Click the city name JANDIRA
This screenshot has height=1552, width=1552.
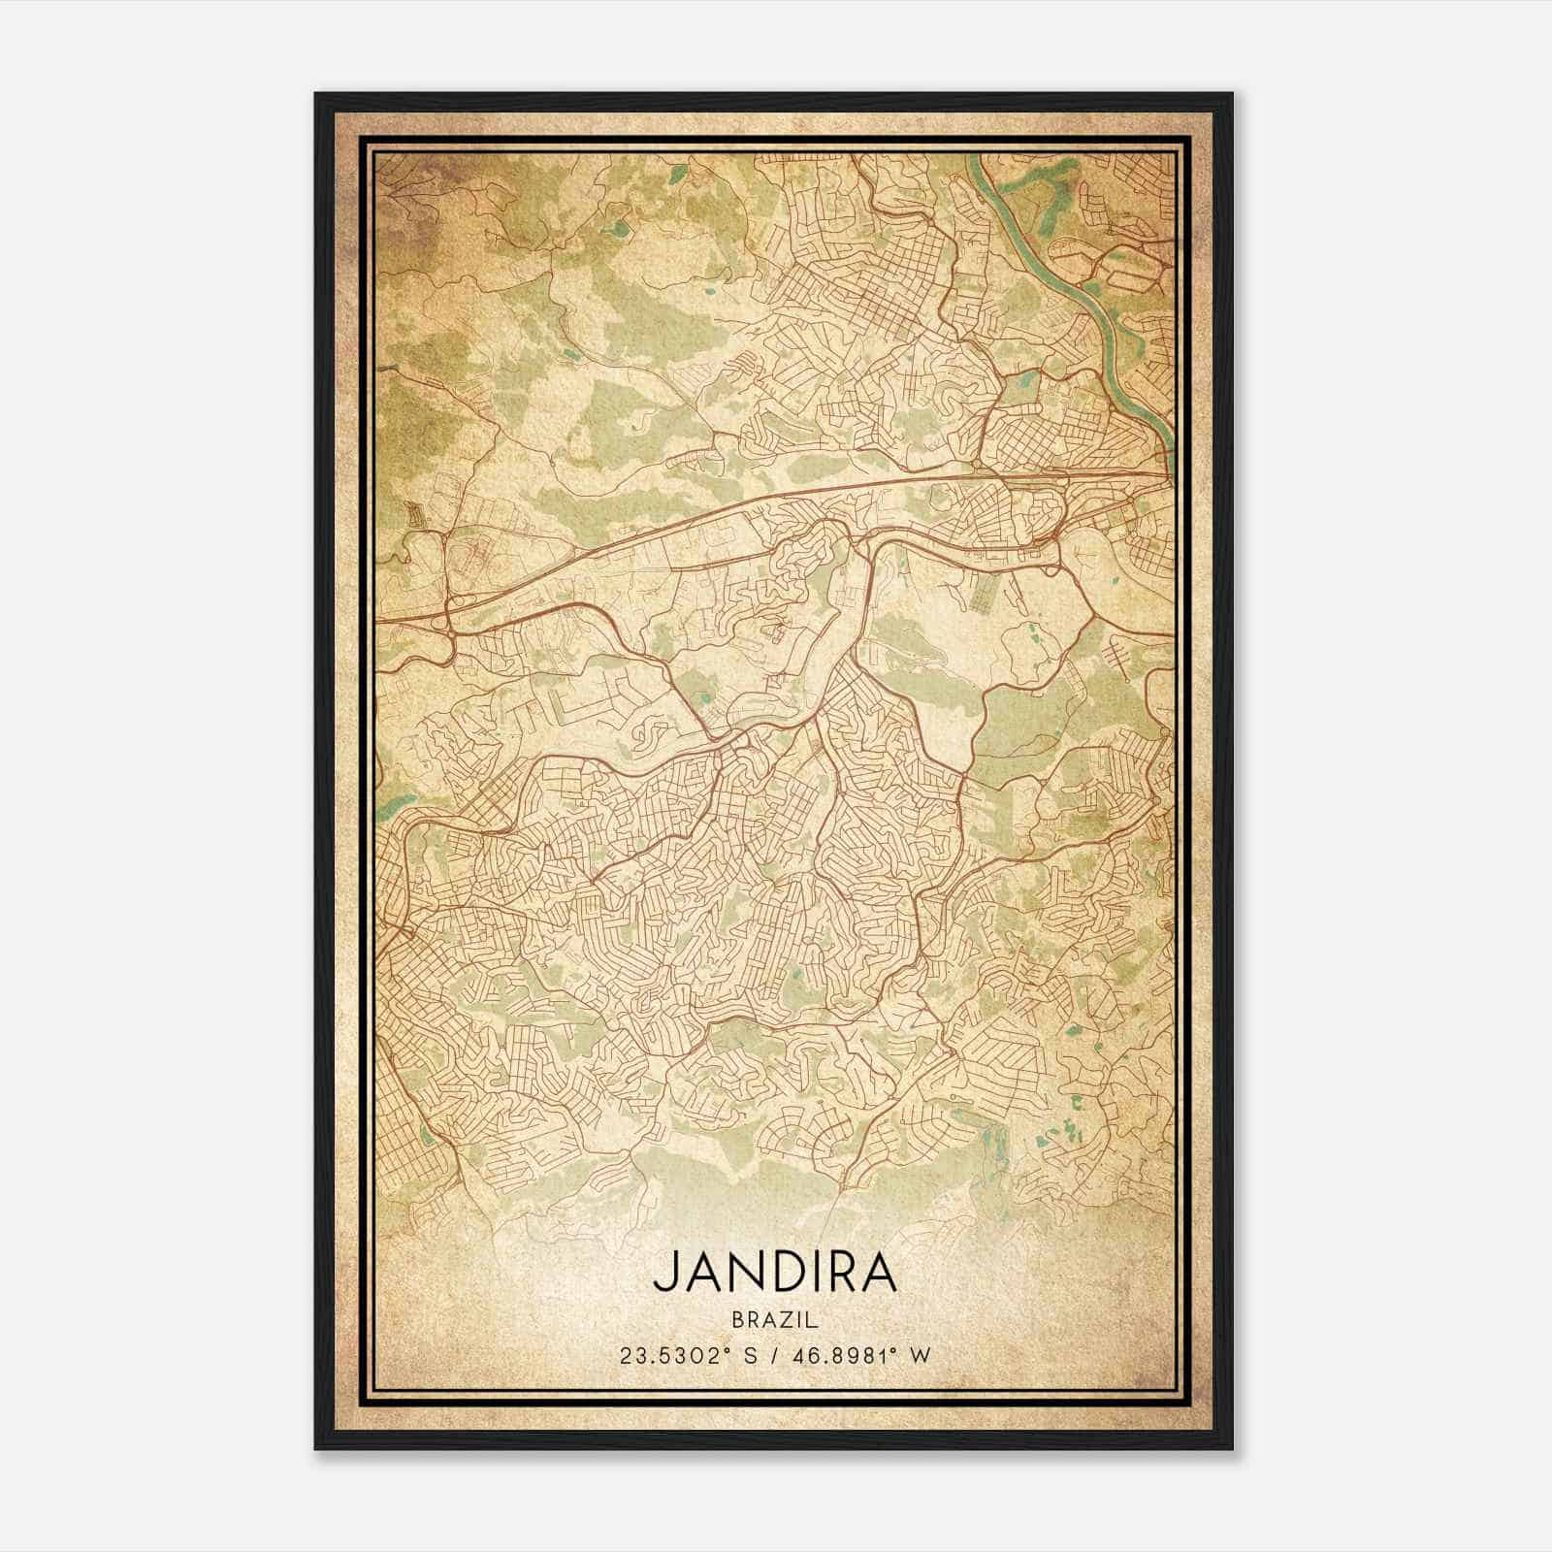774,1272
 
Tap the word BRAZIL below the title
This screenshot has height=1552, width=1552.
774,1319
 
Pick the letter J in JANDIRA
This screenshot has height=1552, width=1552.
663,1272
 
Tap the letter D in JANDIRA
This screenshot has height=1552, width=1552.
775,1272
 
